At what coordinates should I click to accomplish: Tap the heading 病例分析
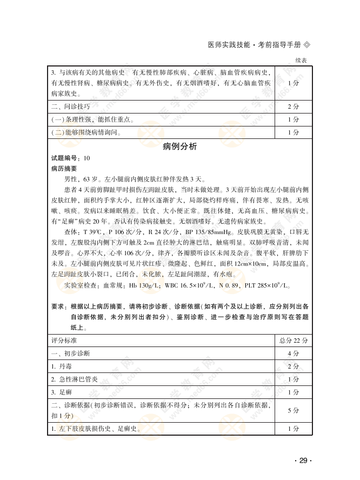[179, 147]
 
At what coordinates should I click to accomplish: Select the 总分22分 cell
[293, 341]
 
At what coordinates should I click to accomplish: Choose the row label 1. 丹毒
[60, 366]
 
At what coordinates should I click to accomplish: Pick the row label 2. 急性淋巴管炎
[75, 379]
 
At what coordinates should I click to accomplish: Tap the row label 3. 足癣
[60, 392]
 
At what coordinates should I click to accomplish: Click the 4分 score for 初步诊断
[293, 354]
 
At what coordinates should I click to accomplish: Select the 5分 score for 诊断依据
[293, 411]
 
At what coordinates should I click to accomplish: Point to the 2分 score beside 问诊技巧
[293, 106]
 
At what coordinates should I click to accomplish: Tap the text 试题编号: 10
[70, 158]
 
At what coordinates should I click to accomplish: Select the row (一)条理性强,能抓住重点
[92, 119]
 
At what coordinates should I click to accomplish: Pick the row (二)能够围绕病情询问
[86, 132]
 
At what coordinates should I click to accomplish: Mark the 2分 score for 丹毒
[293, 366]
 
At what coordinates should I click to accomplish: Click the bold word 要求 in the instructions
[58, 306]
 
